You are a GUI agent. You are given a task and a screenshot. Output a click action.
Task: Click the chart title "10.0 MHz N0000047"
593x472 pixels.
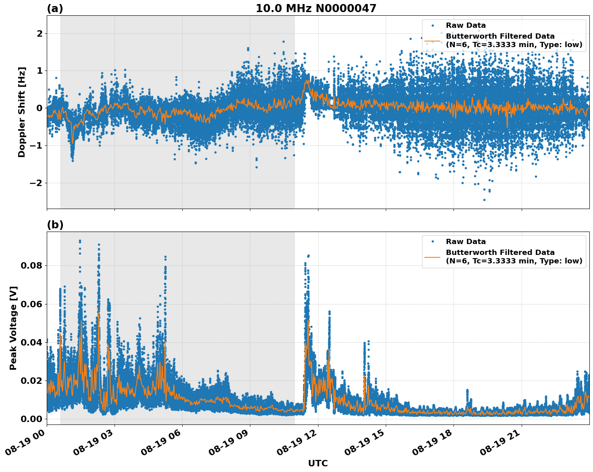pyautogui.click(x=316, y=8)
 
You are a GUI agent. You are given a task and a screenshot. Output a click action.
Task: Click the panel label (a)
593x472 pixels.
pyautogui.click(x=55, y=8)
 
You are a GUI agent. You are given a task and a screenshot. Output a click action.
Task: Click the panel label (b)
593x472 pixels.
pyautogui.click(x=55, y=225)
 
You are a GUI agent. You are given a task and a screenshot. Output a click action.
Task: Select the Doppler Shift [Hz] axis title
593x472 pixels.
pyautogui.click(x=22, y=112)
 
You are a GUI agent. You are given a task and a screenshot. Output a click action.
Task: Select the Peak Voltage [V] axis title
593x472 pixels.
pyautogui.click(x=13, y=328)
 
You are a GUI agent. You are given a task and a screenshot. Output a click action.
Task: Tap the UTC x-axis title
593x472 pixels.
pyautogui.click(x=318, y=463)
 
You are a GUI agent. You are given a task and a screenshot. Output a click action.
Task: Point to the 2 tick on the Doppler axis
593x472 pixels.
pyautogui.click(x=40, y=33)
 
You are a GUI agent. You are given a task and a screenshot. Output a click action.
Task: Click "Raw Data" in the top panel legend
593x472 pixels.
pyautogui.click(x=466, y=26)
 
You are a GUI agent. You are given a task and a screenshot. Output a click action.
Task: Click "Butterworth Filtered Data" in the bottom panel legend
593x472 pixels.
pyautogui.click(x=500, y=253)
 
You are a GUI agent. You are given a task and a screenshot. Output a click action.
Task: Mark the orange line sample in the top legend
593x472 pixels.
pyautogui.click(x=433, y=41)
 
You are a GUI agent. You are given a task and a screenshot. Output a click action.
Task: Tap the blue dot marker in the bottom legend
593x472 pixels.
pyautogui.click(x=433, y=242)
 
